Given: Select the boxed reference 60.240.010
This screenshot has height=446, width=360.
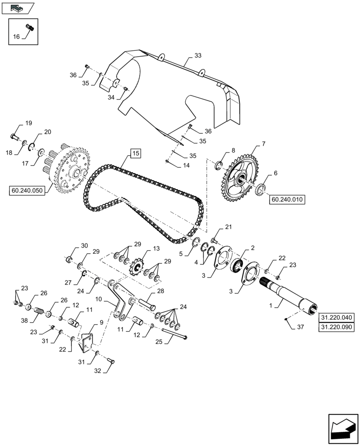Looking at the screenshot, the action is tap(287, 200).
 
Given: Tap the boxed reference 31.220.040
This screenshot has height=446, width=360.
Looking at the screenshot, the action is tap(336, 318).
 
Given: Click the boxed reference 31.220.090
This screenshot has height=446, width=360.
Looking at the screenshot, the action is tap(336, 327).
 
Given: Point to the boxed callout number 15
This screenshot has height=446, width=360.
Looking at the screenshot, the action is tap(135, 154).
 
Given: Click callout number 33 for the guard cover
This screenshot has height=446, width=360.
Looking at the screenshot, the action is tap(198, 56).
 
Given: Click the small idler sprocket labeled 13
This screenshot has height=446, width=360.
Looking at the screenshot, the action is tap(137, 268).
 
